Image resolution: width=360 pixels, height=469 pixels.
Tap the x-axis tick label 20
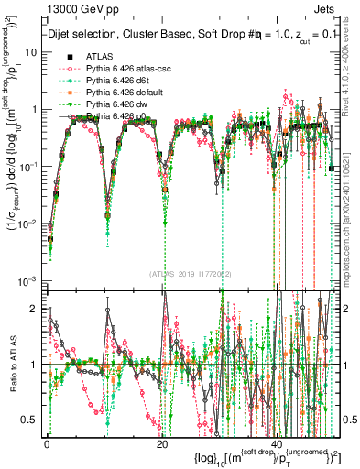coord(161,444)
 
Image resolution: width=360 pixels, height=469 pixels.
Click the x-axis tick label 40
coord(276,444)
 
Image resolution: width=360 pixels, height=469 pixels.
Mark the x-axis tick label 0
coord(47,444)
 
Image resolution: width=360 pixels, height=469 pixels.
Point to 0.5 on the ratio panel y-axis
coord(32,420)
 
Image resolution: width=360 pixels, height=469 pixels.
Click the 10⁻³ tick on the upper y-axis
coord(29,280)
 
